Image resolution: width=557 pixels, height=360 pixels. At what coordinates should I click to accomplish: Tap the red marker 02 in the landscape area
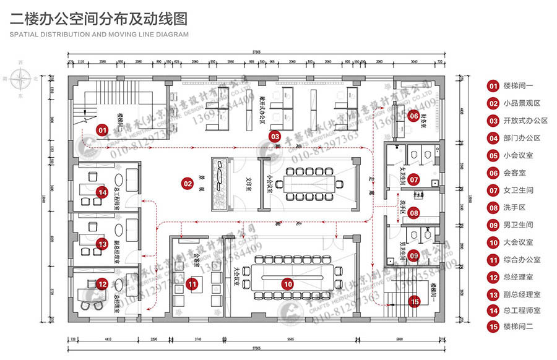[x=188, y=183]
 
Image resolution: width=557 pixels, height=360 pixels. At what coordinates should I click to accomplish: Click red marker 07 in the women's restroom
[x=414, y=180]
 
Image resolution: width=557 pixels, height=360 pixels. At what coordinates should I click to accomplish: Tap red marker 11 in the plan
[x=192, y=284]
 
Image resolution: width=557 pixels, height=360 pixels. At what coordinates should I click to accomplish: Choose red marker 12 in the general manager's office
[x=102, y=284]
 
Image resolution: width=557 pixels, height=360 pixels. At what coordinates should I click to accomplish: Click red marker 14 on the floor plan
[x=102, y=192]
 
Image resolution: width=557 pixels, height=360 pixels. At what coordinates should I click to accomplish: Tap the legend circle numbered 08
[x=493, y=208]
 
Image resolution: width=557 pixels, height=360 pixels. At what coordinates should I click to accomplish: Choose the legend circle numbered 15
[x=493, y=327]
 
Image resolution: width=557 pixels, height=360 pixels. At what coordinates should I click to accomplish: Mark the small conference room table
[x=306, y=184]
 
